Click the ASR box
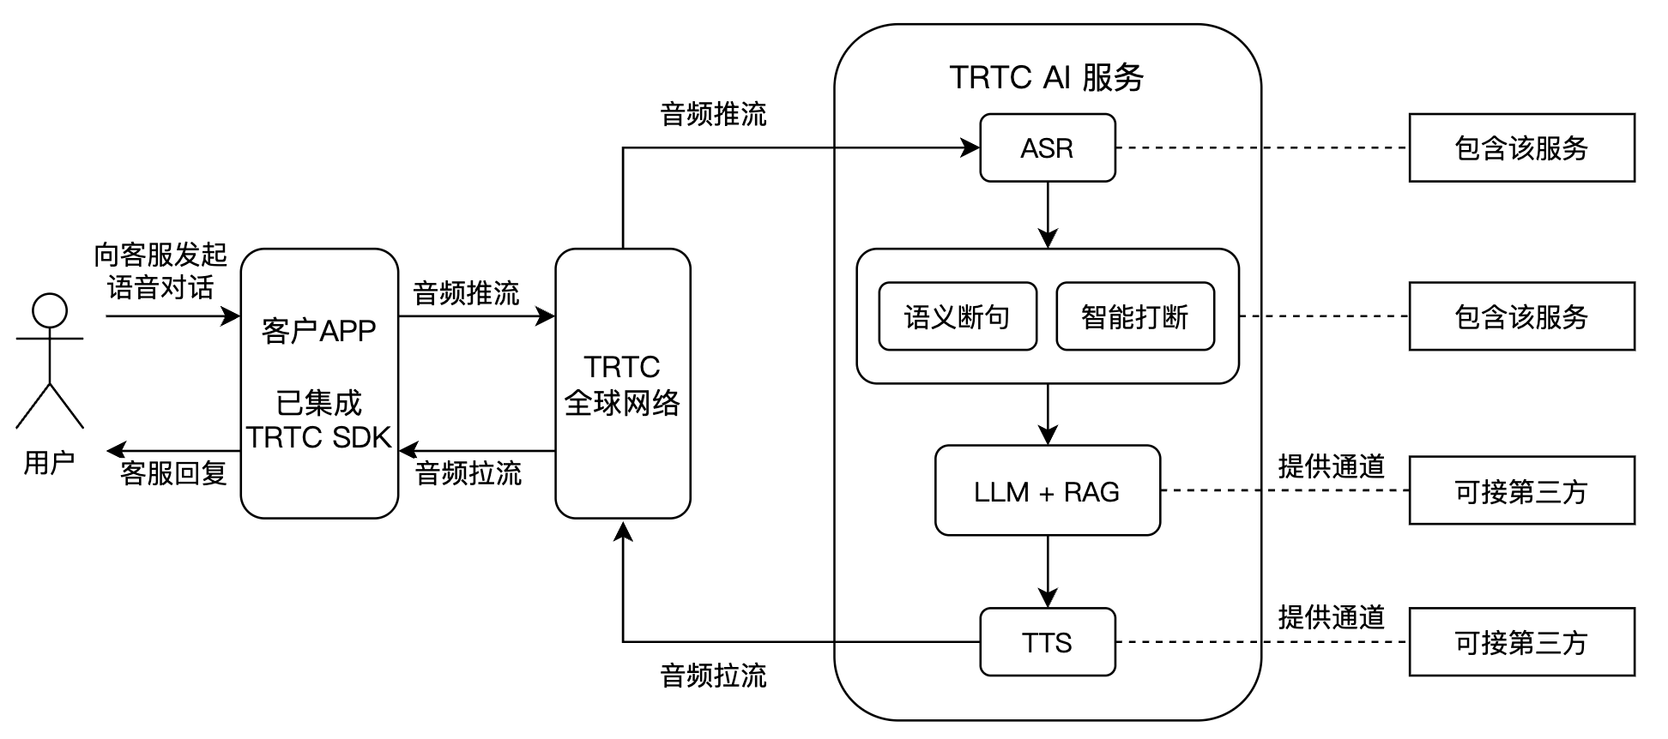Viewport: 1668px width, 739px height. pyautogui.click(x=1047, y=148)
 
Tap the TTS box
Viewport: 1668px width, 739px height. pyautogui.click(x=1047, y=642)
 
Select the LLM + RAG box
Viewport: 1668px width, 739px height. pyautogui.click(x=1047, y=491)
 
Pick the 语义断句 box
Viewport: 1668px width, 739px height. pyautogui.click(x=957, y=317)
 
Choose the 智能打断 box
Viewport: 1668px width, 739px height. pyautogui.click(x=1134, y=317)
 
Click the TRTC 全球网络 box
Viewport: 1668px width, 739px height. pyautogui.click(x=622, y=384)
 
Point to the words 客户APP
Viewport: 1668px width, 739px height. pyautogui.click(x=318, y=331)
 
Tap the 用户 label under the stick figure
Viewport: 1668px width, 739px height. pyautogui.click(x=49, y=463)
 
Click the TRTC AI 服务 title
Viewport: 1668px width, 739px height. pyautogui.click(x=1047, y=77)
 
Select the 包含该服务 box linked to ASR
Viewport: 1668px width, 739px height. pyautogui.click(x=1521, y=148)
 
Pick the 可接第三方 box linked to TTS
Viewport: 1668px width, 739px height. pyautogui.click(x=1521, y=642)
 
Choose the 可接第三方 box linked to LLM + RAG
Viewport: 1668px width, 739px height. pyautogui.click(x=1521, y=491)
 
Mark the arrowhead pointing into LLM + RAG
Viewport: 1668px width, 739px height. pyautogui.click(x=1048, y=436)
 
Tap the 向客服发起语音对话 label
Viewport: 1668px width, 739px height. pyautogui.click(x=160, y=271)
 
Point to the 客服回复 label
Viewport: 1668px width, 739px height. pyautogui.click(x=173, y=473)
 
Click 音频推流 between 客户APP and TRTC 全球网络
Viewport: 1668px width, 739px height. pyautogui.click(x=466, y=293)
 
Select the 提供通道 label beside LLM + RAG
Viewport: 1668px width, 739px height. pyautogui.click(x=1331, y=466)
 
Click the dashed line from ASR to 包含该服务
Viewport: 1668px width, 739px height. pyautogui.click(x=1261, y=148)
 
